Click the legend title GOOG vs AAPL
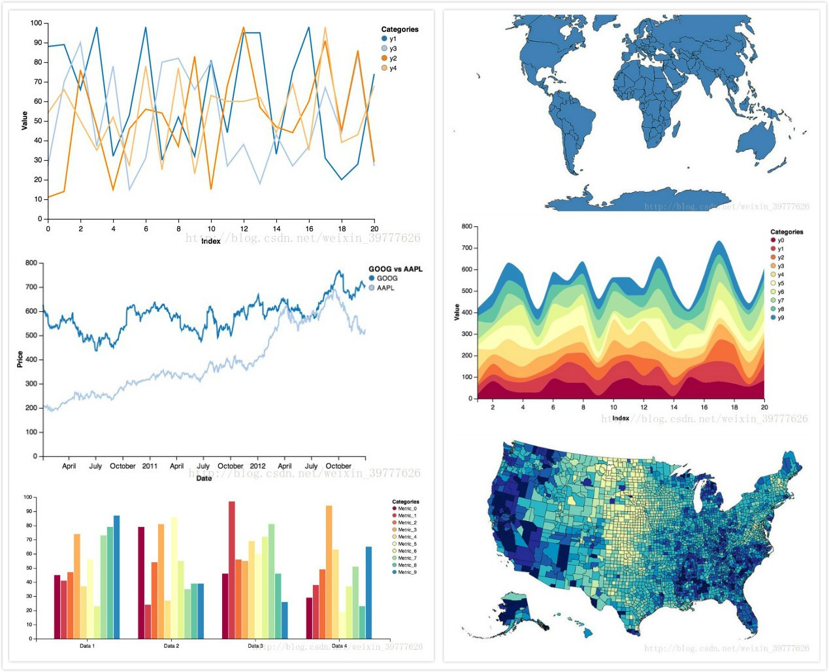click(395, 269)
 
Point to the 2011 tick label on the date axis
click(150, 466)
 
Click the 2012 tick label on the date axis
click(257, 466)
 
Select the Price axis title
click(20, 359)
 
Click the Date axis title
click(204, 478)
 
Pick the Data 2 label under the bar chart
click(171, 646)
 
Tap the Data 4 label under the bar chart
click(339, 646)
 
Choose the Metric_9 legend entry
click(404, 572)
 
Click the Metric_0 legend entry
click(404, 509)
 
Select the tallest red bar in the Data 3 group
click(232, 569)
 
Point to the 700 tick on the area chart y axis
click(466, 248)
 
